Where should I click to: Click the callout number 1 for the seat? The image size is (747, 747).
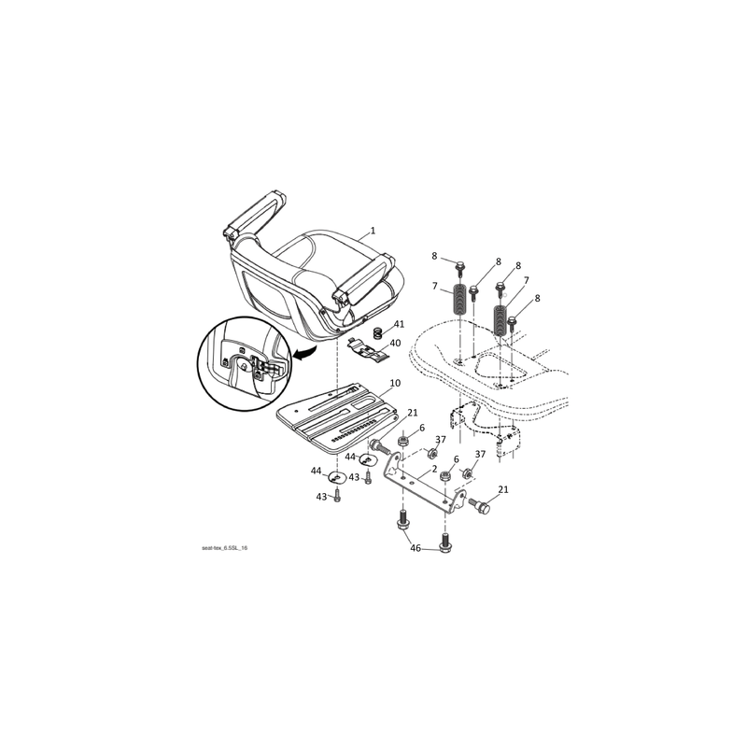pyautogui.click(x=373, y=231)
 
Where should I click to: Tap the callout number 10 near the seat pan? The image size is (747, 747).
pyautogui.click(x=395, y=383)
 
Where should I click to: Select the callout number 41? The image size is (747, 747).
pyautogui.click(x=399, y=324)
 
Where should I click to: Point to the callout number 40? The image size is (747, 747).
pyautogui.click(x=395, y=343)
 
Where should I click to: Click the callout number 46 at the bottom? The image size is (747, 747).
pyautogui.click(x=416, y=548)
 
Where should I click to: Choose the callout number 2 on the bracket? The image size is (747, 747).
pyautogui.click(x=434, y=469)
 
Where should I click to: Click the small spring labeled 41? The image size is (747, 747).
pyautogui.click(x=378, y=332)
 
